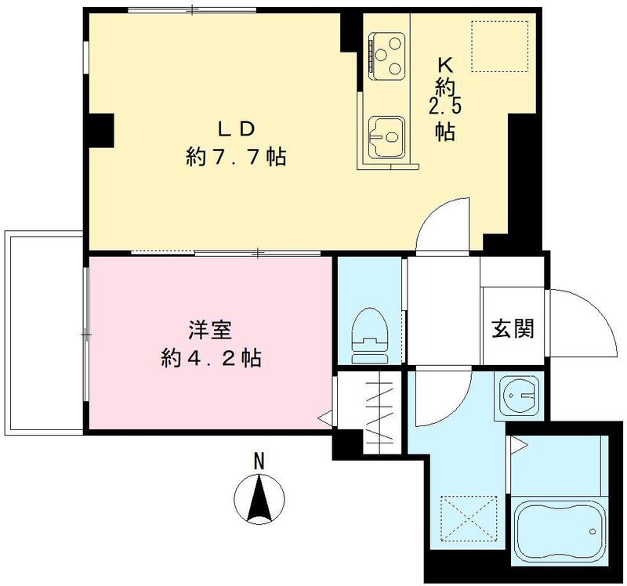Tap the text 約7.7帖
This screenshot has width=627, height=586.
pyautogui.click(x=235, y=157)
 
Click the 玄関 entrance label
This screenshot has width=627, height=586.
pyautogui.click(x=513, y=328)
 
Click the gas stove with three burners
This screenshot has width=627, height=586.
pyautogui.click(x=386, y=52)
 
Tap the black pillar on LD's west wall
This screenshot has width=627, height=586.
pyautogui.click(x=101, y=128)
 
